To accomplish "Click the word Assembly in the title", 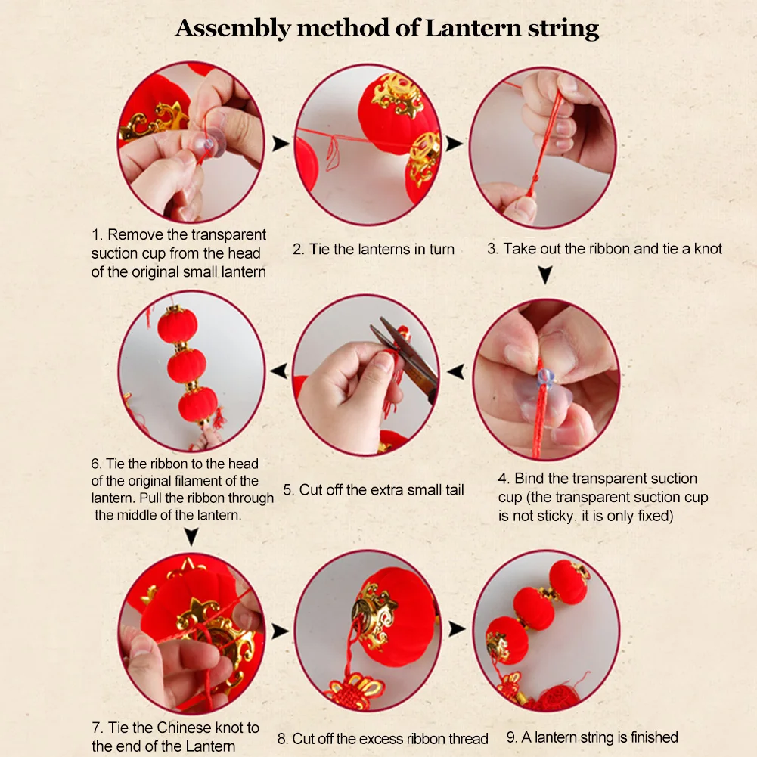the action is (233, 29).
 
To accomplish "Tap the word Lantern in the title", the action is (473, 28).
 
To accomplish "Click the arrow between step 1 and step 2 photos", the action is (280, 144).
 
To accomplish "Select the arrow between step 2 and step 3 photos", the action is (454, 144).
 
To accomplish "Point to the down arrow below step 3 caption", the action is (545, 275).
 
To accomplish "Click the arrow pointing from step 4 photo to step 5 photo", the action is (456, 372).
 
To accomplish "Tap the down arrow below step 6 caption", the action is (191, 536).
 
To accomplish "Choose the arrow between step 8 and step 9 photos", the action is (457, 628).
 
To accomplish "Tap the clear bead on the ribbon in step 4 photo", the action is (545, 378).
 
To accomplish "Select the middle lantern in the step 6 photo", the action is (186, 366).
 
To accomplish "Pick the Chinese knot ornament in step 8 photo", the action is (355, 689).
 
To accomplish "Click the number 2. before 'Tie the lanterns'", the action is (299, 249).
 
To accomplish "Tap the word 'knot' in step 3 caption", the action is (708, 248).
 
